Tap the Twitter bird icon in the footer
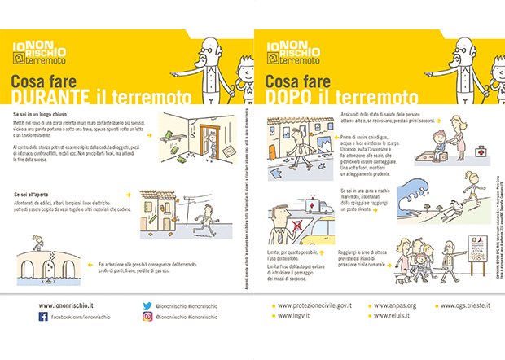pos(147,305)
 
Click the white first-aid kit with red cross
pos(481,151)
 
